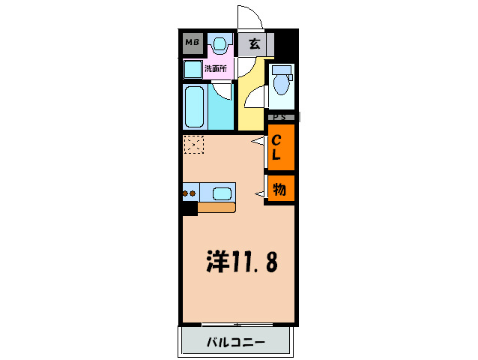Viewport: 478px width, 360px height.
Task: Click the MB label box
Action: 192,43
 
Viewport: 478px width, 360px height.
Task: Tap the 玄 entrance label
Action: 254,43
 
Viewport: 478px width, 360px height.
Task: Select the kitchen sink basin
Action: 223,193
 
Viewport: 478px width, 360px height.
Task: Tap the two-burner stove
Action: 190,193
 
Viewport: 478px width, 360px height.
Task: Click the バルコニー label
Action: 235,343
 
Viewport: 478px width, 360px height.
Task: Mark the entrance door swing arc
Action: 248,16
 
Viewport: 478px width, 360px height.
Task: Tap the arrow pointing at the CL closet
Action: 257,141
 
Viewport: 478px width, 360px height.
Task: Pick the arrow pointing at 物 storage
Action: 259,195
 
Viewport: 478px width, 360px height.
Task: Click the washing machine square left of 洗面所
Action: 193,69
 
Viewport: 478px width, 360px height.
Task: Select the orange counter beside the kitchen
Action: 217,208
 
